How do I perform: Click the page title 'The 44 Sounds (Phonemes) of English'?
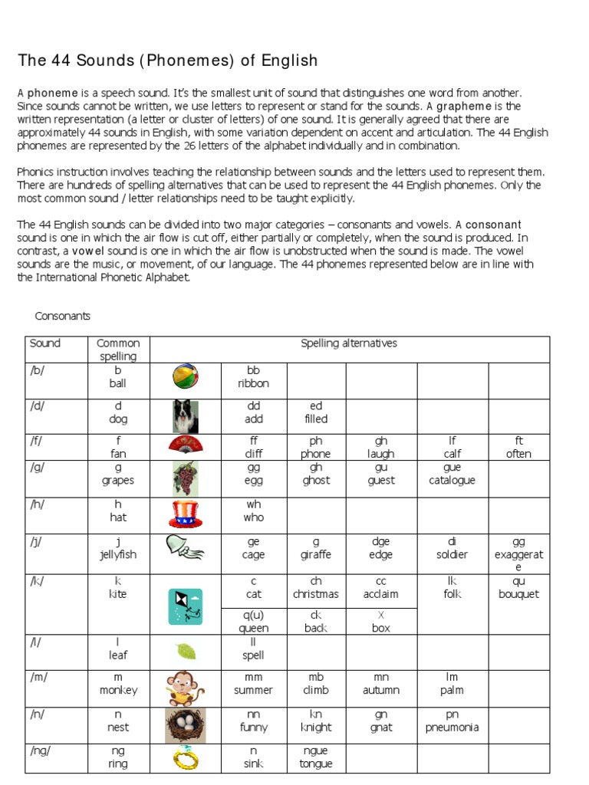(x=167, y=61)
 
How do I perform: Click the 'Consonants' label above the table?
(x=63, y=316)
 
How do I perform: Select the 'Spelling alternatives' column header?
(x=349, y=343)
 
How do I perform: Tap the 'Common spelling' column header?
(x=118, y=350)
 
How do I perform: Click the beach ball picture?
(x=185, y=377)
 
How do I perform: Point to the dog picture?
(x=185, y=416)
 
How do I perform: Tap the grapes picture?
(x=185, y=478)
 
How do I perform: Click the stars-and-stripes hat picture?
(x=185, y=514)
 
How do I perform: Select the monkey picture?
(x=185, y=687)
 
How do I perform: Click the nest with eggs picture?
(x=185, y=724)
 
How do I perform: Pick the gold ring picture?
(x=185, y=758)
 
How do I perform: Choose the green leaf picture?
(x=186, y=652)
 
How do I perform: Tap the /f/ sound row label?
(x=38, y=441)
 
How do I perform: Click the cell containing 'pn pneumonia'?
(x=452, y=721)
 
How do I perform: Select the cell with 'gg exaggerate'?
(x=518, y=553)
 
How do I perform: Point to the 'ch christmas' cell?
(x=315, y=588)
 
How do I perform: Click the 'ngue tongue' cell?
(x=315, y=757)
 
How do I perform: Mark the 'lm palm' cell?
(x=452, y=684)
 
